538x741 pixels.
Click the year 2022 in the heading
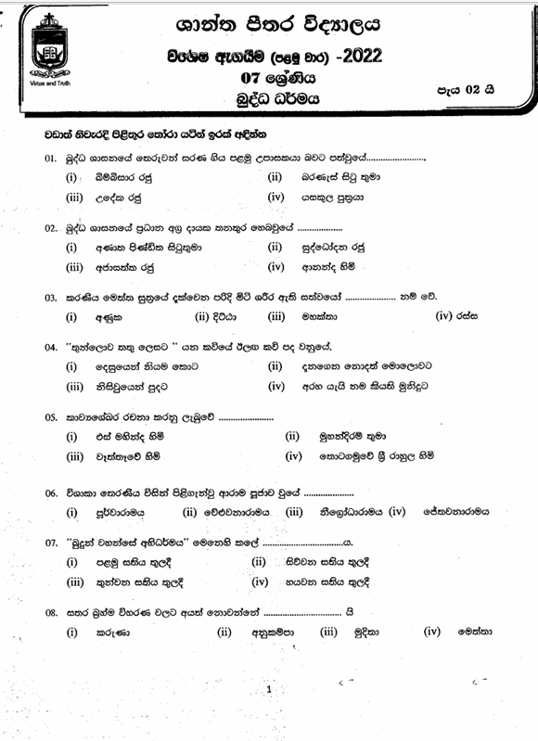click(362, 57)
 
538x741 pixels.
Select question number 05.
click(51, 418)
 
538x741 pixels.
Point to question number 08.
click(51, 612)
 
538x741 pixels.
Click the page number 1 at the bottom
click(268, 691)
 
